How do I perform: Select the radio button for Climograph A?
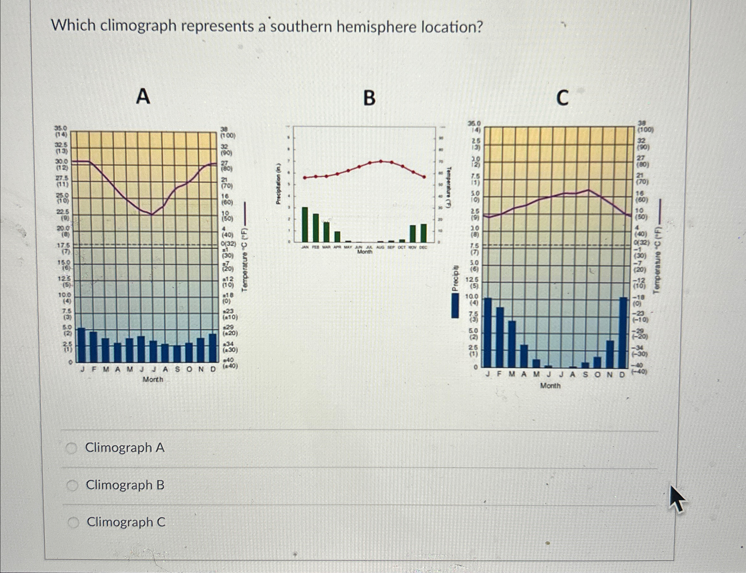pos(72,448)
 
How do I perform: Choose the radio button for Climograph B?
pos(72,485)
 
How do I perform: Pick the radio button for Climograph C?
pos(73,522)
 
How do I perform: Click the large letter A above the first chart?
pos(143,96)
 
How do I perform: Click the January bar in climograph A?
pos(82,345)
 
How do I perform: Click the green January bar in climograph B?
pos(305,224)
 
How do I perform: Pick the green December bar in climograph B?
pos(423,232)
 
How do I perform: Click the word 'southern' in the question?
pos(301,27)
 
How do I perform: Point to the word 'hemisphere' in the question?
pos(377,27)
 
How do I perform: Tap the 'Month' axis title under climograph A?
pos(153,379)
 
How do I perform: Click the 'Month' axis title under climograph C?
pos(550,386)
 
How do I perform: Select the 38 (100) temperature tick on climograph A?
pos(227,132)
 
